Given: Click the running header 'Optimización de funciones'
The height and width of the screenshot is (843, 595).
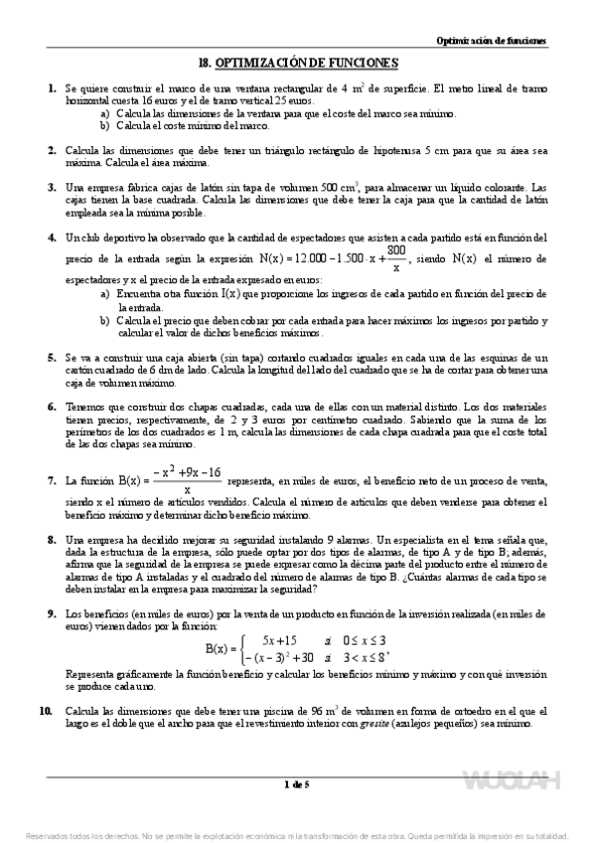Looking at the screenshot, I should tap(492, 41).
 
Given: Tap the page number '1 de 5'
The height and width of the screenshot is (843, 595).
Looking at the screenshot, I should tap(297, 785).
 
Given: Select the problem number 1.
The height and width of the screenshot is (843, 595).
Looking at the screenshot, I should tap(51, 88).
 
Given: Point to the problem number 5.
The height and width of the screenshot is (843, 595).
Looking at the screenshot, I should tap(51, 356).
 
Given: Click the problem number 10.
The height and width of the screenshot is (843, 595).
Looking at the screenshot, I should tap(47, 712).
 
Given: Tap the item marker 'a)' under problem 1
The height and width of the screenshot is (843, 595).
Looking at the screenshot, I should tap(104, 113).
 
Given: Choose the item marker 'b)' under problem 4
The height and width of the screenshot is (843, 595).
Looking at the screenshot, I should tap(104, 320).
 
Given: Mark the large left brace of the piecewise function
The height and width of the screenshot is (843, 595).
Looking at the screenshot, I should tap(235, 648).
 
